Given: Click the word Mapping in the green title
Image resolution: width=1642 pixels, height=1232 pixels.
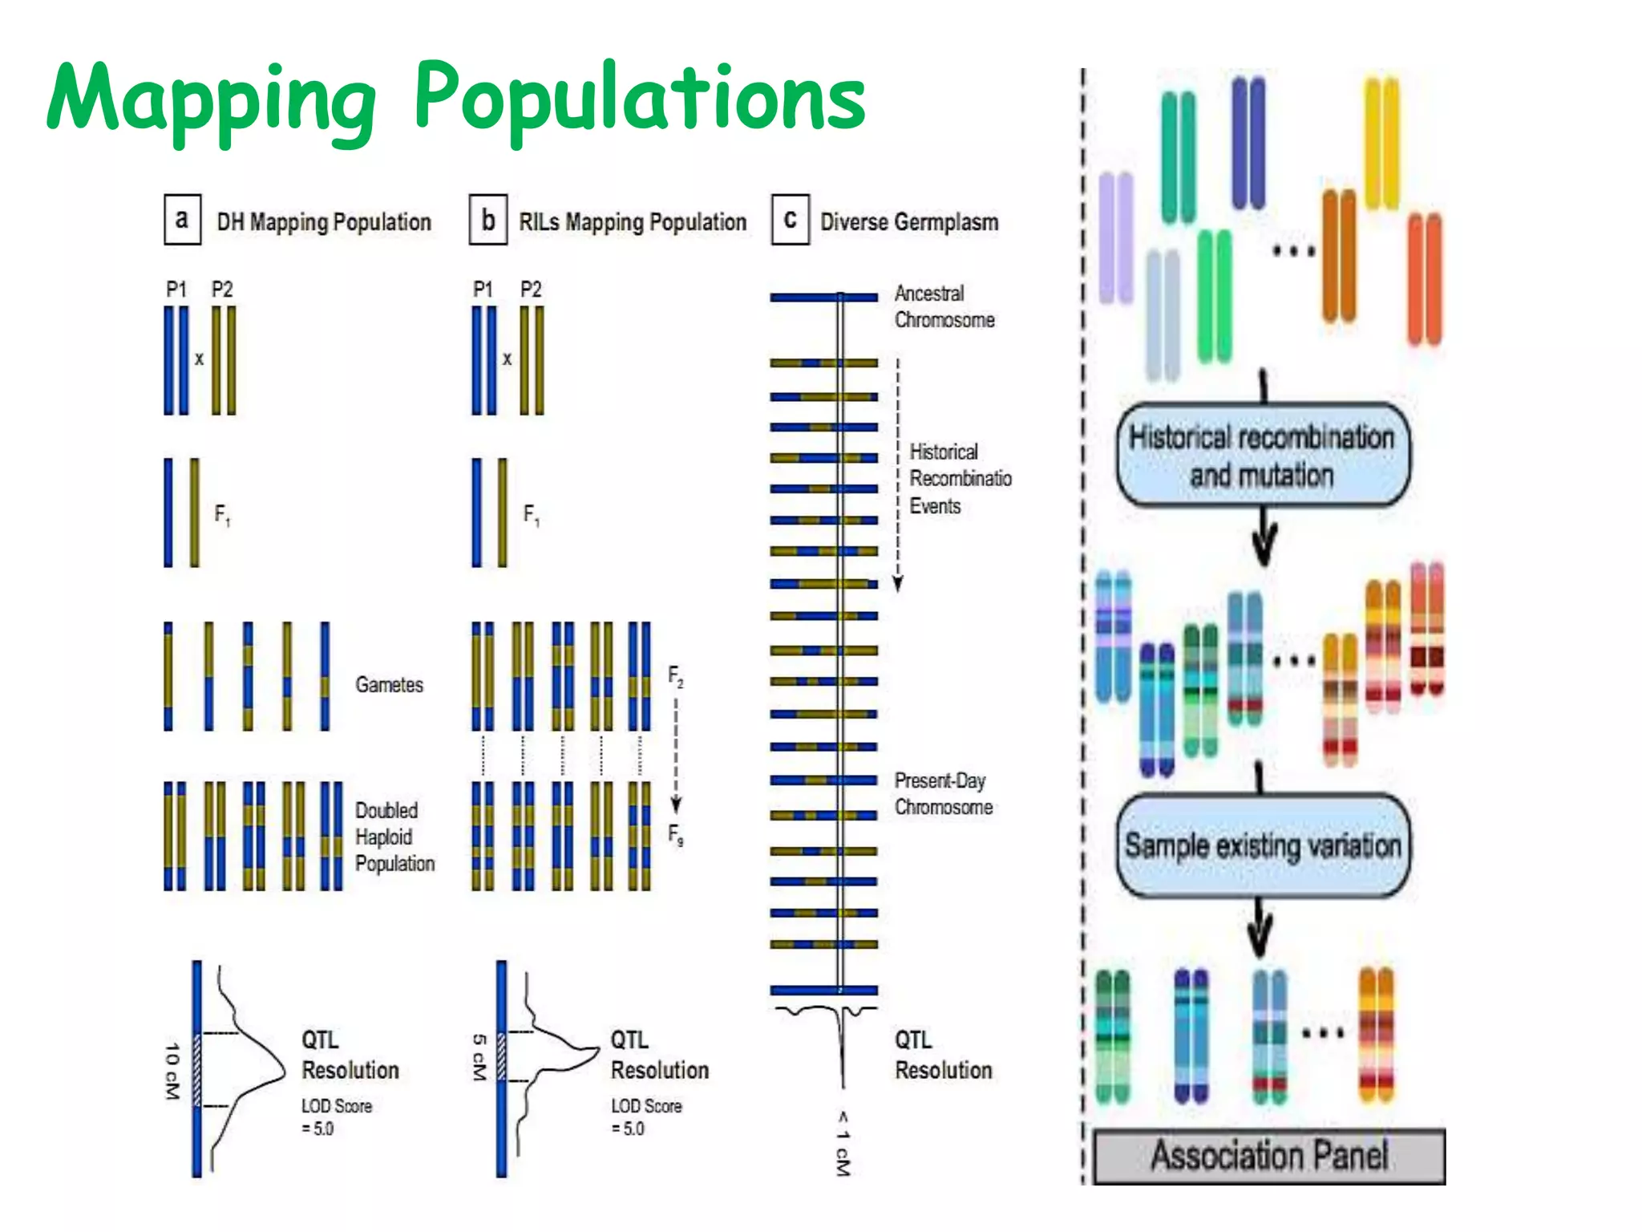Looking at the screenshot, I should tap(210, 100).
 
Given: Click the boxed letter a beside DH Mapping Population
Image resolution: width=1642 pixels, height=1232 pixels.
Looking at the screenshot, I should tap(182, 219).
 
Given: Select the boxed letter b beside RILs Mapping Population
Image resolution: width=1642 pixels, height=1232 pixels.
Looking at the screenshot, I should tap(487, 220).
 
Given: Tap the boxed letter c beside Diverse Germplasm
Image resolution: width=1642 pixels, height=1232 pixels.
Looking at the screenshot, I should tap(790, 219).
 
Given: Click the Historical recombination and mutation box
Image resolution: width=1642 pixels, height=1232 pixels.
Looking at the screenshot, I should tap(1262, 456).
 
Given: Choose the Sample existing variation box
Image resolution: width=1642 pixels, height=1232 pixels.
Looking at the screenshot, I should tap(1262, 845).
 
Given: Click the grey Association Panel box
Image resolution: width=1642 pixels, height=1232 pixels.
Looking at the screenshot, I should tap(1269, 1156).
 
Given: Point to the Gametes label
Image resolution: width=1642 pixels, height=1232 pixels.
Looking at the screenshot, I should tap(389, 684).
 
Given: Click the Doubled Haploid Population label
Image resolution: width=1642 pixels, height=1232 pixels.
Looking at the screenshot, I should tap(394, 837).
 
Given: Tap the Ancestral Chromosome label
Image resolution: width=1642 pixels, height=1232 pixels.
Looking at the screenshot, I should tap(944, 306).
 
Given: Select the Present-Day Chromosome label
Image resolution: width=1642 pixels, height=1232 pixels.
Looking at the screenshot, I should tap(943, 793).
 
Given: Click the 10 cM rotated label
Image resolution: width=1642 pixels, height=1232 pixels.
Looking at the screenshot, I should tap(172, 1071).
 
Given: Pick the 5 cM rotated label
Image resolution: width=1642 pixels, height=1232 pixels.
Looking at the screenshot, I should tap(479, 1056).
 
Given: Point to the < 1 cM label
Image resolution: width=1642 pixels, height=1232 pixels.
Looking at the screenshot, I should tap(842, 1143).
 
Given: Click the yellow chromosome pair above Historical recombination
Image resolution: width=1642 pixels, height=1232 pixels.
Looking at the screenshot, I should tap(1381, 143).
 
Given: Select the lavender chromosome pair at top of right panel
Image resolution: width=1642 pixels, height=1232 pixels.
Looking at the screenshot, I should tap(1115, 237).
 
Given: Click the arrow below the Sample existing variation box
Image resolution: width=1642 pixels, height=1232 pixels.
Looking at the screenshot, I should tap(1260, 930).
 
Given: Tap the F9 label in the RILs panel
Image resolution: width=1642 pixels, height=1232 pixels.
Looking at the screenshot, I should tap(676, 835).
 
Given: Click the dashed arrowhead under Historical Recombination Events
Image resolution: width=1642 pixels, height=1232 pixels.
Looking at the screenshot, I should tap(898, 583).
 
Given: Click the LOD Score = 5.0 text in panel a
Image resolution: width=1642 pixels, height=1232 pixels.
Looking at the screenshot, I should tap(336, 1116).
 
